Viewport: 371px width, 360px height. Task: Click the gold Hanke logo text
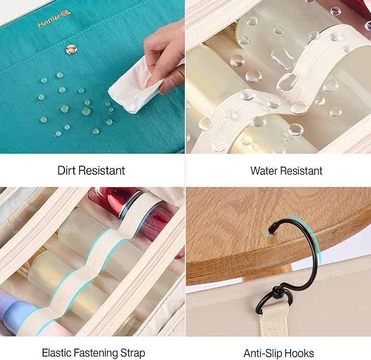[55, 21]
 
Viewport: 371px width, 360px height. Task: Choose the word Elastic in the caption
[56, 353]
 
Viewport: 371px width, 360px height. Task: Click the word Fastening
[96, 353]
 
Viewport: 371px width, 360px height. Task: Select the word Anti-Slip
[261, 353]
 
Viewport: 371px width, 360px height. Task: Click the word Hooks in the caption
[297, 353]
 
